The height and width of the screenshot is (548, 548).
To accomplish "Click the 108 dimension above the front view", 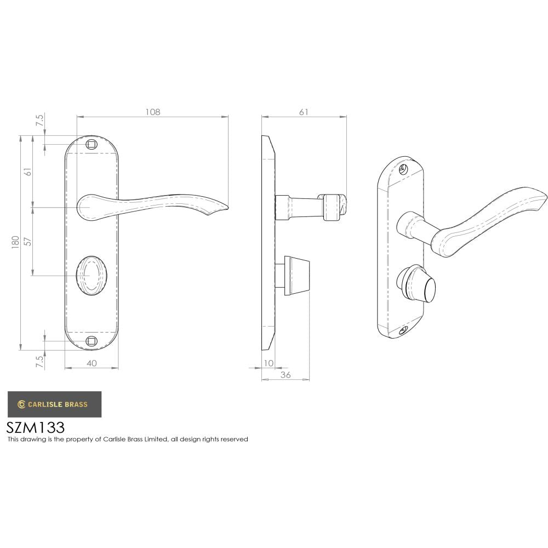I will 152,112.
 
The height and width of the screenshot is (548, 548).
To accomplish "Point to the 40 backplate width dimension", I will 92,363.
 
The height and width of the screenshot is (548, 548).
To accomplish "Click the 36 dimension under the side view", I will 286,375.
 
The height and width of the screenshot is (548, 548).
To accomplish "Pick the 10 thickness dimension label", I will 269,363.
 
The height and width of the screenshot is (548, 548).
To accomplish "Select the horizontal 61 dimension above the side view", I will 304,112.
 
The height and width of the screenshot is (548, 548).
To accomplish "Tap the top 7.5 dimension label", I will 40,121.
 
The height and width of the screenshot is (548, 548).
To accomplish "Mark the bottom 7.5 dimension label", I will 40,362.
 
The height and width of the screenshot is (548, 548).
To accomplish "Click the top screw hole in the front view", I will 92,144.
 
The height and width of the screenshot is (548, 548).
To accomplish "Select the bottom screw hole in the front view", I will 92,341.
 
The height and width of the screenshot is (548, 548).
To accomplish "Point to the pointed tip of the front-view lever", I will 226,208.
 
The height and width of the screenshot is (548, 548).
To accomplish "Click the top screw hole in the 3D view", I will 405,169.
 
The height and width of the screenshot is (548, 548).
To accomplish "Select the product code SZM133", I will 36,427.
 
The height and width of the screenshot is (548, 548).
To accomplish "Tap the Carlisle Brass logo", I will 54,404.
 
